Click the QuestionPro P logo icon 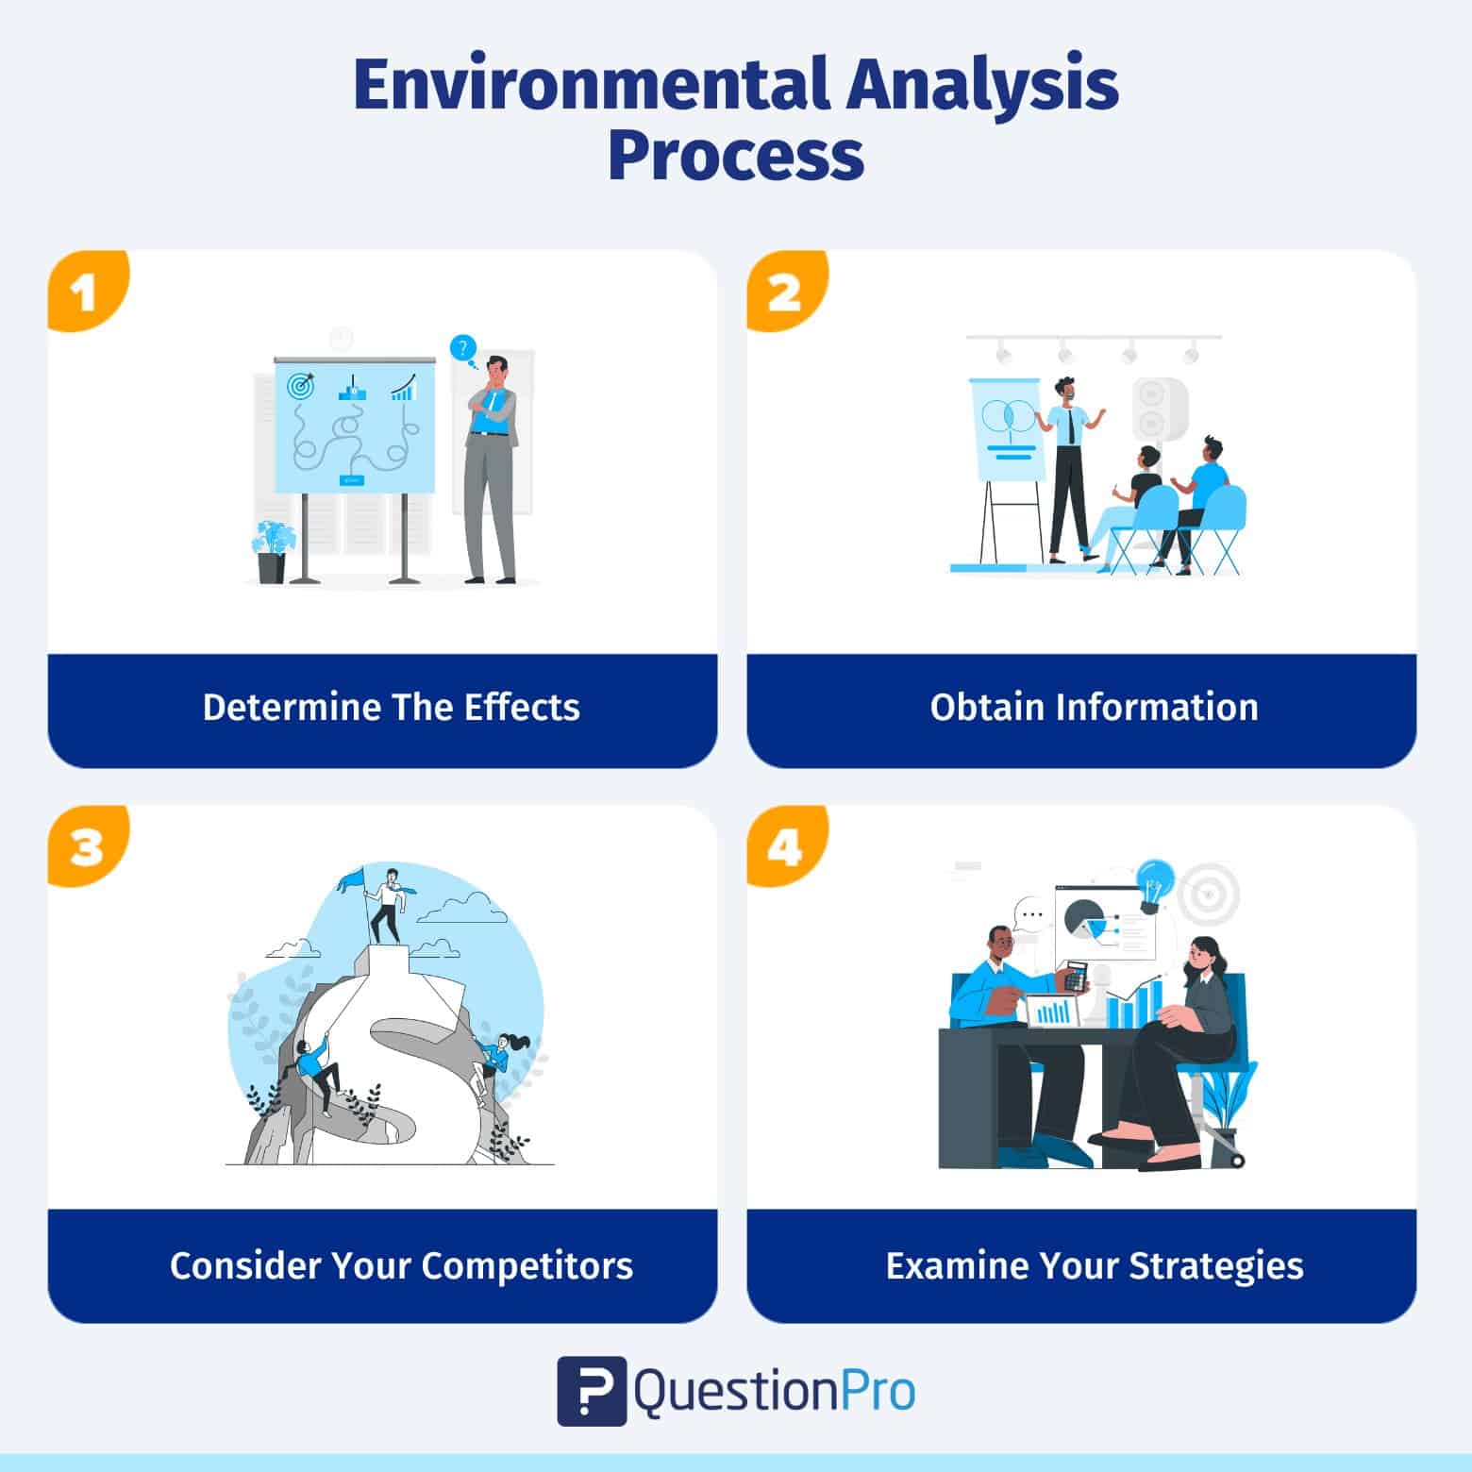coord(592,1391)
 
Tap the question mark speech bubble coord(462,348)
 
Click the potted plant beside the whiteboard coord(272,551)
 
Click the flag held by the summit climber coord(352,879)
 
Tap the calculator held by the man coord(1075,977)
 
